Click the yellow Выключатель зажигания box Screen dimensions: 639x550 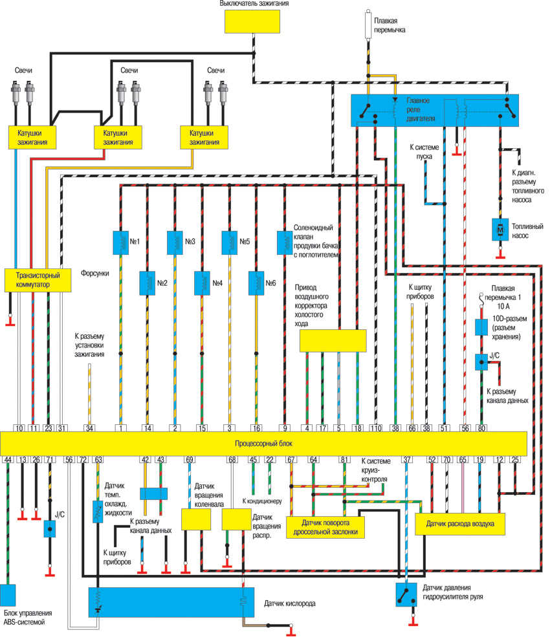(253, 21)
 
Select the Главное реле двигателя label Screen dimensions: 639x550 (421, 110)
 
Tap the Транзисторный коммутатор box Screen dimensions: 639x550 (37, 279)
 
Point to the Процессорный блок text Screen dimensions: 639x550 (263, 444)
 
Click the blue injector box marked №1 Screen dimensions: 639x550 (120, 242)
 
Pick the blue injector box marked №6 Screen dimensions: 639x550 (257, 281)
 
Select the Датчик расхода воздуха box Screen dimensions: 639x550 (459, 524)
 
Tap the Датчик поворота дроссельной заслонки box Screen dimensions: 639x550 (324, 526)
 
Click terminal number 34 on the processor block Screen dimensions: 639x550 (90, 428)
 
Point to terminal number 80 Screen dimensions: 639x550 (481, 428)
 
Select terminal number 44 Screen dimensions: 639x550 (8, 460)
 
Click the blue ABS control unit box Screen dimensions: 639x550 (8, 595)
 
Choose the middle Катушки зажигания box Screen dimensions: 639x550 (118, 137)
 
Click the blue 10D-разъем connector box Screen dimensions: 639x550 (481, 327)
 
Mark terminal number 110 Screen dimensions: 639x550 (377, 428)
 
